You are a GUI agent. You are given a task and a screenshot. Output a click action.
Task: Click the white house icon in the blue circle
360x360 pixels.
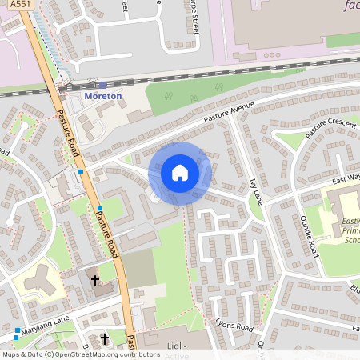180,173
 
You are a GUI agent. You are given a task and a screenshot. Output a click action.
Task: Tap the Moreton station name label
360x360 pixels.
103,96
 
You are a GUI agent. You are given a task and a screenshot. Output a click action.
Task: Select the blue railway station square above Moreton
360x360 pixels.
102,84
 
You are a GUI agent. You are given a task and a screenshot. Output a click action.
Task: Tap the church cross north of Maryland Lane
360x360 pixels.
94,281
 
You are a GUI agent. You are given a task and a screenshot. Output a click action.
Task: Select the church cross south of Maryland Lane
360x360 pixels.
104,339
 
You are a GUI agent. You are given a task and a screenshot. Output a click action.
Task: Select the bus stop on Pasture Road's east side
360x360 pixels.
99,208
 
